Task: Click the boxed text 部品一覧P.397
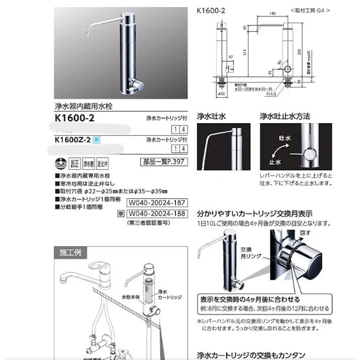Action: point(163,162)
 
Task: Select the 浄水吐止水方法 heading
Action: point(286,116)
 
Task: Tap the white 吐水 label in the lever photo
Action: point(284,137)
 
